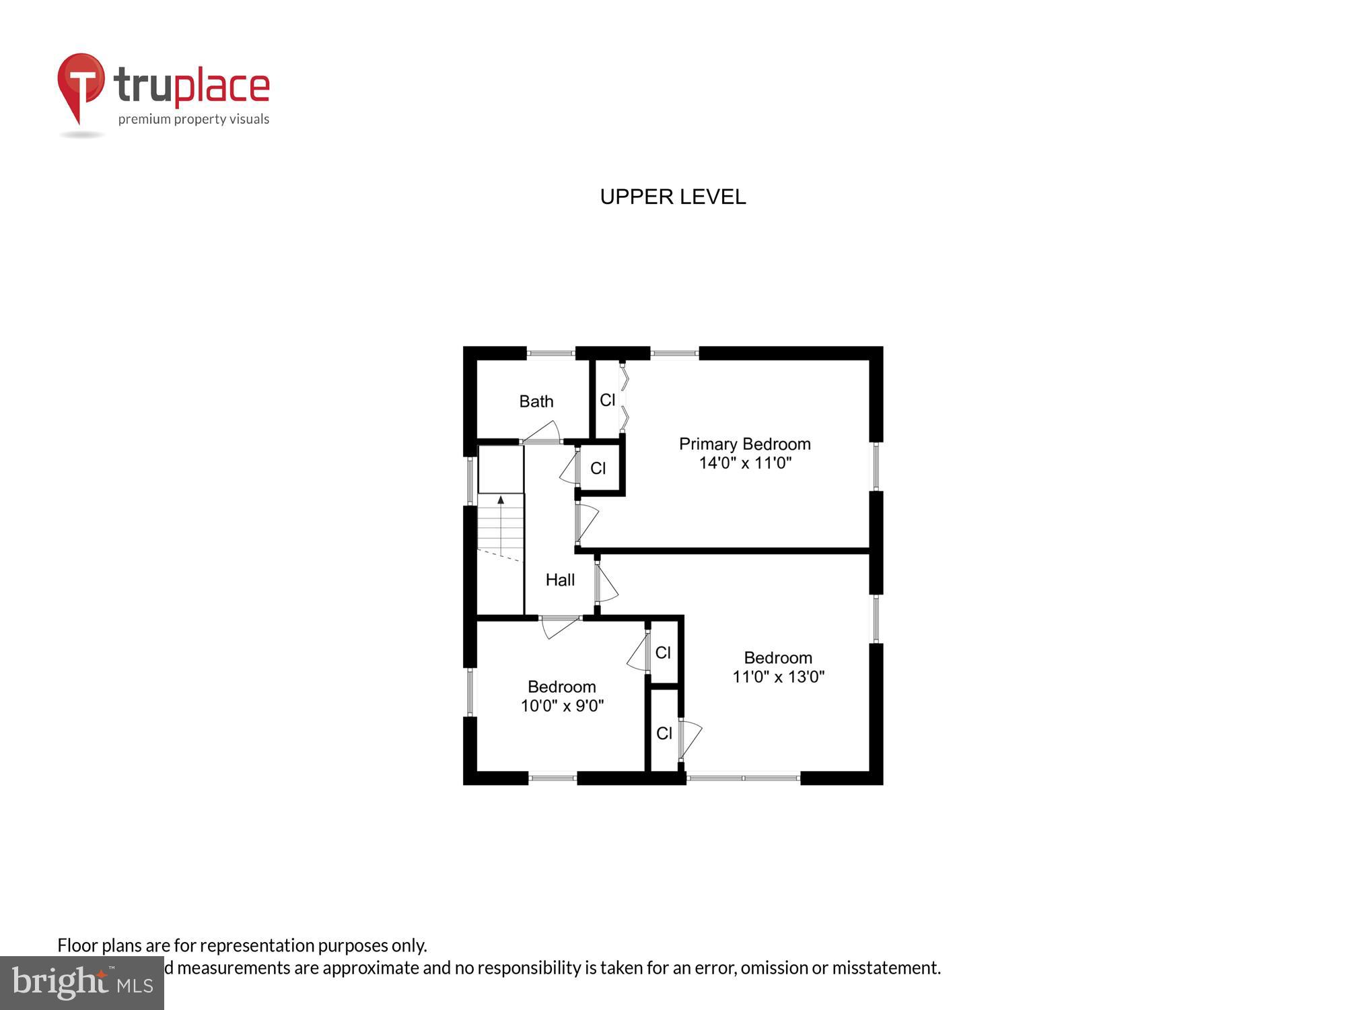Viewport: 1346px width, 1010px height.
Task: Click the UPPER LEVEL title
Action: tap(672, 197)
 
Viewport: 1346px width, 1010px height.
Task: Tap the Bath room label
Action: tap(536, 401)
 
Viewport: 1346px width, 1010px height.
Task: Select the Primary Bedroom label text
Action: tap(744, 444)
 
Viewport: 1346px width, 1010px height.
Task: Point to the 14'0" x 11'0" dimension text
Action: tap(744, 463)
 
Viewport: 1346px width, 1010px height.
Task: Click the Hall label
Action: tap(560, 580)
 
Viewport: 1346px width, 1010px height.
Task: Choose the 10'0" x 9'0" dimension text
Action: tap(562, 706)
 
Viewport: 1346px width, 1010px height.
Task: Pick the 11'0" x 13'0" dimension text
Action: tap(778, 677)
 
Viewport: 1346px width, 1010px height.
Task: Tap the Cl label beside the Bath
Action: tap(607, 400)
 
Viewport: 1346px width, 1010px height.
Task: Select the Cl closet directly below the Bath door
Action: tap(598, 468)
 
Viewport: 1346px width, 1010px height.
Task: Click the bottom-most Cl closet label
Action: tap(664, 733)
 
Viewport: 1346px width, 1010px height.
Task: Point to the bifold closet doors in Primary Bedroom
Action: tap(624, 397)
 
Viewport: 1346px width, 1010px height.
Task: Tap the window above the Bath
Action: tap(551, 352)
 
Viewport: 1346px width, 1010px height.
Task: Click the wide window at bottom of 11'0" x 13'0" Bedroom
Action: tap(743, 778)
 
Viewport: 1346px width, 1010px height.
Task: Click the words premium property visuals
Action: tap(194, 119)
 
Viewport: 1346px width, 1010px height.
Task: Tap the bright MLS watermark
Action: tap(82, 983)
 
